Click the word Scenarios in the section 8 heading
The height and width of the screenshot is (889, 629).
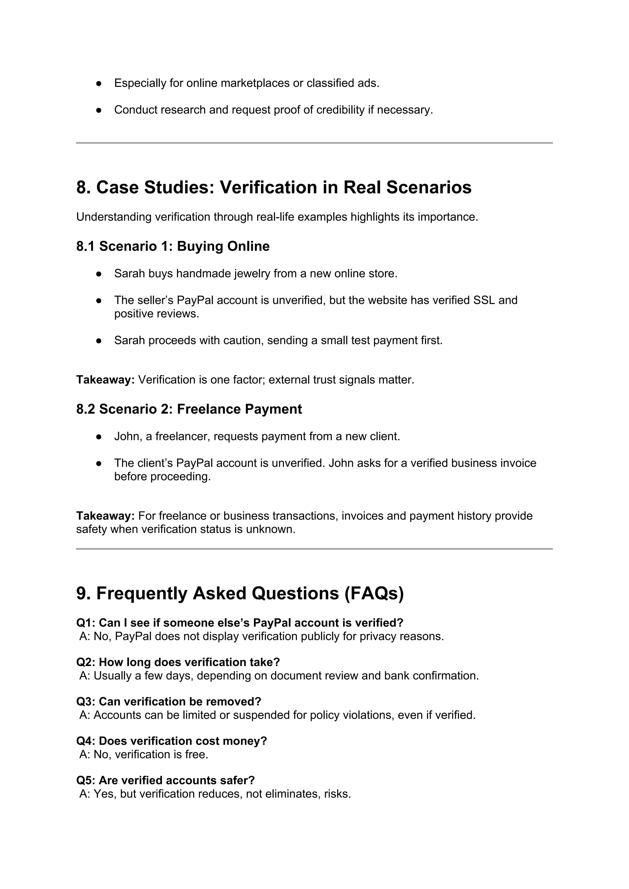coord(429,187)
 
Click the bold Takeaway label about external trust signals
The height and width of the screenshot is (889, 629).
coord(105,380)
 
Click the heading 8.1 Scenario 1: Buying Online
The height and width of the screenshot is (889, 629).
coord(173,246)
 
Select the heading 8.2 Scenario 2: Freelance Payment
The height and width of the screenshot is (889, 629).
coord(189,409)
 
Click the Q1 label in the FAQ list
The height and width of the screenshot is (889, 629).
coord(85,623)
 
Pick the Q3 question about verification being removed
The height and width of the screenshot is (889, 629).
coord(169,702)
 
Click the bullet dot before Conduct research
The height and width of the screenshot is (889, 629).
coord(99,110)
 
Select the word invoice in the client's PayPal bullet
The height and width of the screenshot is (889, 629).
coord(518,463)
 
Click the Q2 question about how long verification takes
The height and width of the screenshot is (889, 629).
coord(178,662)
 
